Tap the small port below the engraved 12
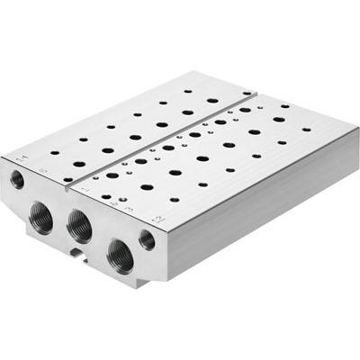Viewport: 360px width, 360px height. coord(147,239)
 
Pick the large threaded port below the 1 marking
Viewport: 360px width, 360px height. coord(78,223)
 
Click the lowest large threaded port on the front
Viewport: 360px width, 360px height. coord(119,255)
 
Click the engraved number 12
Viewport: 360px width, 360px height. coord(158,219)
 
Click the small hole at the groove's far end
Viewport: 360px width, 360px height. coord(246,92)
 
